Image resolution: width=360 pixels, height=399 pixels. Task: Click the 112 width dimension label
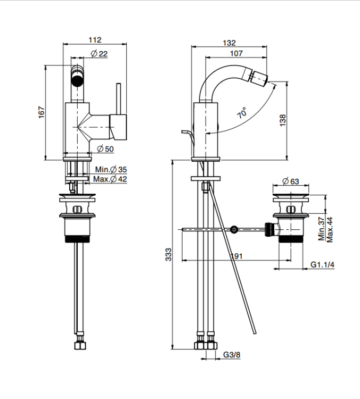[95, 40]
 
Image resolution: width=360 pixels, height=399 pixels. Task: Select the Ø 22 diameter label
[100, 54]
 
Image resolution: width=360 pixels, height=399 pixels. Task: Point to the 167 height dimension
[42, 112]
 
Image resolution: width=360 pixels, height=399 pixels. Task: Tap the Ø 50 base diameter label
[105, 149]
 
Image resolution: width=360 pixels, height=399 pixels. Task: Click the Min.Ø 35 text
[111, 170]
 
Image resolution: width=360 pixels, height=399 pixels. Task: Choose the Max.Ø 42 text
[110, 179]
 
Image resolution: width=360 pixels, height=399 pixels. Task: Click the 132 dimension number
[230, 43]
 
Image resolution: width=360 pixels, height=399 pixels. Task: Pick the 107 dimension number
[236, 53]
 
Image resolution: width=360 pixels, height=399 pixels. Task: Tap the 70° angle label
[242, 112]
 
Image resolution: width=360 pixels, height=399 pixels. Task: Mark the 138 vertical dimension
[283, 120]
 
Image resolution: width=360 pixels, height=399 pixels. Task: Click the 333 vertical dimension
[169, 254]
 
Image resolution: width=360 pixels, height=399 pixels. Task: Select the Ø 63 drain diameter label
[291, 181]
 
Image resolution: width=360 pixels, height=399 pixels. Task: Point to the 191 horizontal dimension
[236, 256]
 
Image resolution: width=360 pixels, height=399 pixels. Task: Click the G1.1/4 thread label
[322, 264]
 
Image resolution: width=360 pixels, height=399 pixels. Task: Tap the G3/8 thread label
[232, 354]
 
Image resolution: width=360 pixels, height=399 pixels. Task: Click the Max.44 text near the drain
[330, 230]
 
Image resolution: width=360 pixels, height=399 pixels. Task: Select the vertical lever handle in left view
[118, 99]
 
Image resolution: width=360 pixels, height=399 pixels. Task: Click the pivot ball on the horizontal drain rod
[234, 230]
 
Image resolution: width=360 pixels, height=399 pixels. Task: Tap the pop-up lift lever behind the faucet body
[189, 137]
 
